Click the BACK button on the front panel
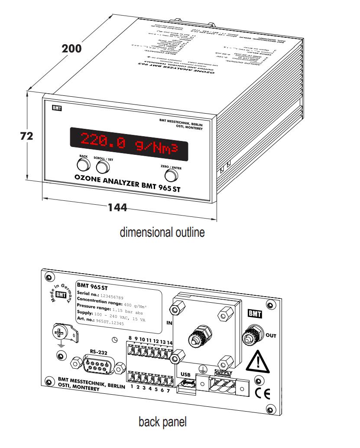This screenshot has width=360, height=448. pyautogui.click(x=82, y=164)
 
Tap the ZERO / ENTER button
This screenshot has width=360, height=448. pyautogui.click(x=171, y=175)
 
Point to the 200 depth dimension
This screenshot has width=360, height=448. pyautogui.click(x=71, y=49)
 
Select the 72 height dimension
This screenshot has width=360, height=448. pyautogui.click(x=27, y=136)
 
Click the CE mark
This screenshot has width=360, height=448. pyautogui.click(x=263, y=394)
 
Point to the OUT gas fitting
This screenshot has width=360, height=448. pyautogui.click(x=250, y=335)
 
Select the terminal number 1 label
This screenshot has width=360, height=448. pyautogui.click(x=132, y=387)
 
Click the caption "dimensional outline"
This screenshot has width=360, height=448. pyautogui.click(x=162, y=232)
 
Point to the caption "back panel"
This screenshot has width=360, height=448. pyautogui.click(x=162, y=421)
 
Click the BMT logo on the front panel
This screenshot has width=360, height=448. pyautogui.click(x=57, y=108)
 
